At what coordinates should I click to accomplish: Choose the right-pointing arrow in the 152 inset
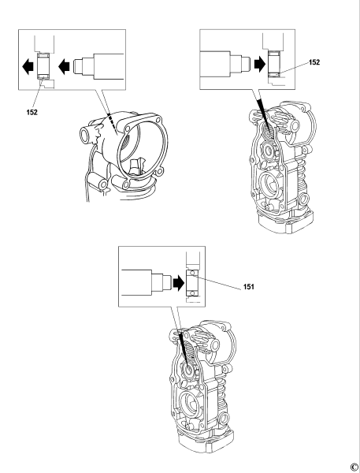[x=257, y=63]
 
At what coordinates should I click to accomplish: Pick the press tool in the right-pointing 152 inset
[x=225, y=63]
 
